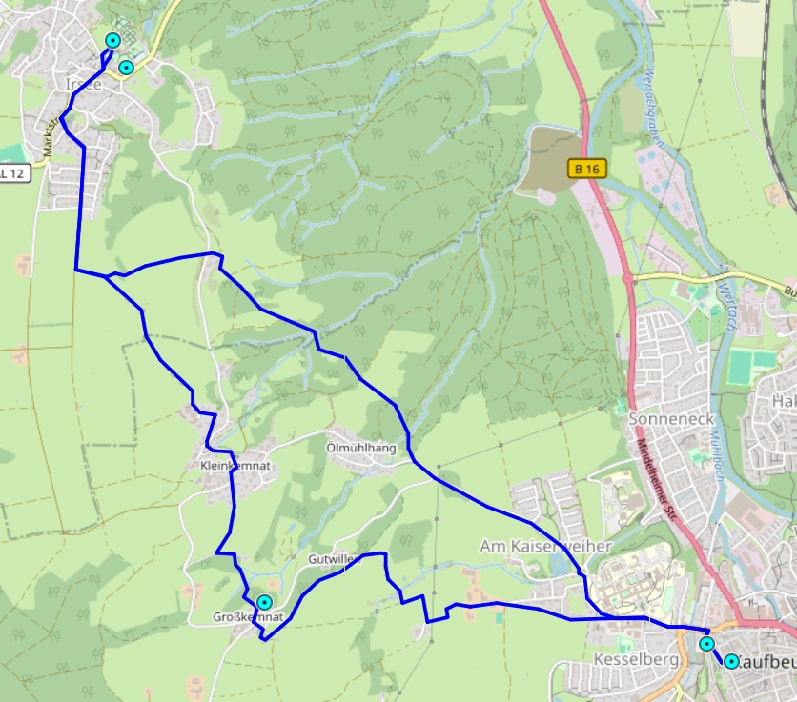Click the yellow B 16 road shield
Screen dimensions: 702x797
[587, 169]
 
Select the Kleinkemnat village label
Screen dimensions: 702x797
[236, 466]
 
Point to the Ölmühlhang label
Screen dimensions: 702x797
[360, 447]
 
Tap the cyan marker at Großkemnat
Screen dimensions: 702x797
[264, 603]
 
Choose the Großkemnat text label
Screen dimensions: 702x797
[247, 617]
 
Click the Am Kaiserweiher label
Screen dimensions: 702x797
[532, 546]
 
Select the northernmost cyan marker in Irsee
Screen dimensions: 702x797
[112, 40]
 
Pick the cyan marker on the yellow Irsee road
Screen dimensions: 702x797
[125, 68]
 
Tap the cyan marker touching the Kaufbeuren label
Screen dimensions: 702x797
[731, 661]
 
